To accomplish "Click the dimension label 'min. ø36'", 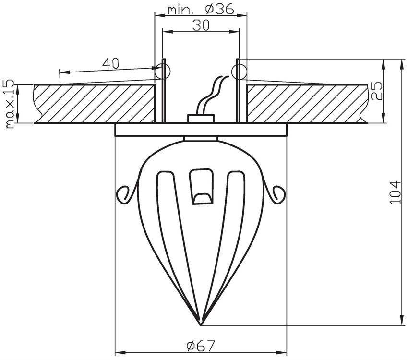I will point(200,9).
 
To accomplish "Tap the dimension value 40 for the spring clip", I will point(110,63).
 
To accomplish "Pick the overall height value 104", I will point(395,192).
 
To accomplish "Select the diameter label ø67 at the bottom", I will point(200,345).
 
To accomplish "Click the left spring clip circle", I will point(163,72).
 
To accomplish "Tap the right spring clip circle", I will point(239,72).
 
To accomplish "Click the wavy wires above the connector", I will point(212,94).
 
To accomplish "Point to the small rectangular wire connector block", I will point(201,118).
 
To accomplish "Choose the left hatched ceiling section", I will point(94,104).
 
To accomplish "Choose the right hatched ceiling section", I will point(307,104).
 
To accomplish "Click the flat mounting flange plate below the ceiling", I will point(201,130).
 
